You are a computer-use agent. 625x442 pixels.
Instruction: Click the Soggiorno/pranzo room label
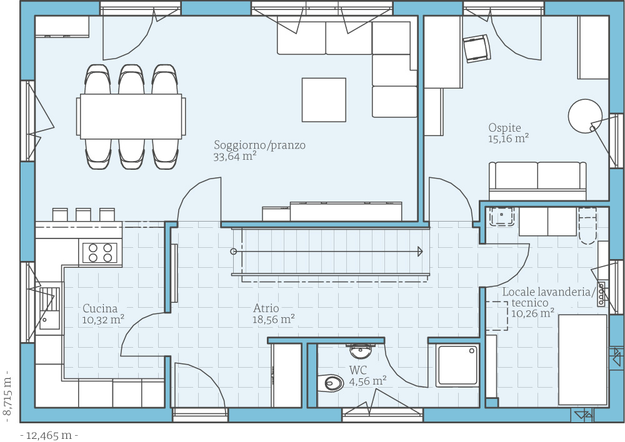tap(259, 145)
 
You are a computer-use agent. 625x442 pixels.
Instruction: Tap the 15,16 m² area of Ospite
tap(508, 139)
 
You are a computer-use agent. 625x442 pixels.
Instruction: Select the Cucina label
tap(100, 308)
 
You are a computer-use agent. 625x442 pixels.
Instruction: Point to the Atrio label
tap(266, 308)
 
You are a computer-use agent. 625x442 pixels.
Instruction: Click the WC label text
tap(358, 370)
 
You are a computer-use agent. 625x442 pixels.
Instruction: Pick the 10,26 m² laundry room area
tap(532, 313)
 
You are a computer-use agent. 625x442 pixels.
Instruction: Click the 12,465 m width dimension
tap(49, 436)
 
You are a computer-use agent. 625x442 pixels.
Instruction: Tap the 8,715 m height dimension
tap(7, 396)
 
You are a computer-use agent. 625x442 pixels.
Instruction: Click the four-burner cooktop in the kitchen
tap(100, 253)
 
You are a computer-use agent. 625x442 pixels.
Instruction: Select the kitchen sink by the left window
tap(50, 308)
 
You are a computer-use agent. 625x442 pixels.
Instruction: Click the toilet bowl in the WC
tap(331, 383)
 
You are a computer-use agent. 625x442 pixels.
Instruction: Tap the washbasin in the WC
tap(361, 351)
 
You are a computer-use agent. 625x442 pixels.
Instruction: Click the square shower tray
tap(457, 366)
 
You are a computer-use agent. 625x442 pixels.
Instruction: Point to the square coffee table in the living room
tap(324, 100)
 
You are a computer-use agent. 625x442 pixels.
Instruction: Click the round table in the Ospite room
tap(585, 116)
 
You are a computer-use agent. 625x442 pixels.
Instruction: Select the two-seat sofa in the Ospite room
tap(537, 181)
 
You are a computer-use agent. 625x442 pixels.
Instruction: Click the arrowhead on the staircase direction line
tap(420, 251)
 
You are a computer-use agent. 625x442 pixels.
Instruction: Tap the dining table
tap(131, 116)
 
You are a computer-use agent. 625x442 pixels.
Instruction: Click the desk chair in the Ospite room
tap(477, 48)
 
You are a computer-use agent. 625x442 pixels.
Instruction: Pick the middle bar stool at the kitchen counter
tap(83, 215)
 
